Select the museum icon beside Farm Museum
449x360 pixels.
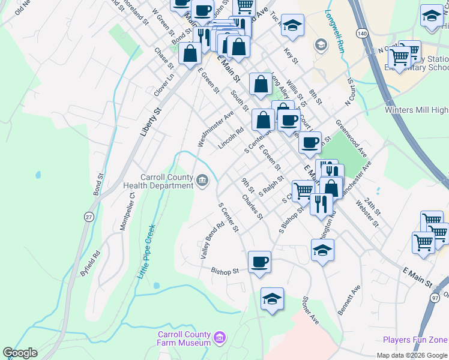click(x=220, y=338)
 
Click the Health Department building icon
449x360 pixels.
click(x=203, y=179)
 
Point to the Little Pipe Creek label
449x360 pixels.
click(x=146, y=251)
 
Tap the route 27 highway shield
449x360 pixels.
click(x=89, y=217)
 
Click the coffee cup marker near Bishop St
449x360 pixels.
click(x=259, y=262)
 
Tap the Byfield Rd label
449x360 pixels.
click(x=91, y=262)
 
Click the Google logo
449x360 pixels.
click(x=20, y=353)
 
